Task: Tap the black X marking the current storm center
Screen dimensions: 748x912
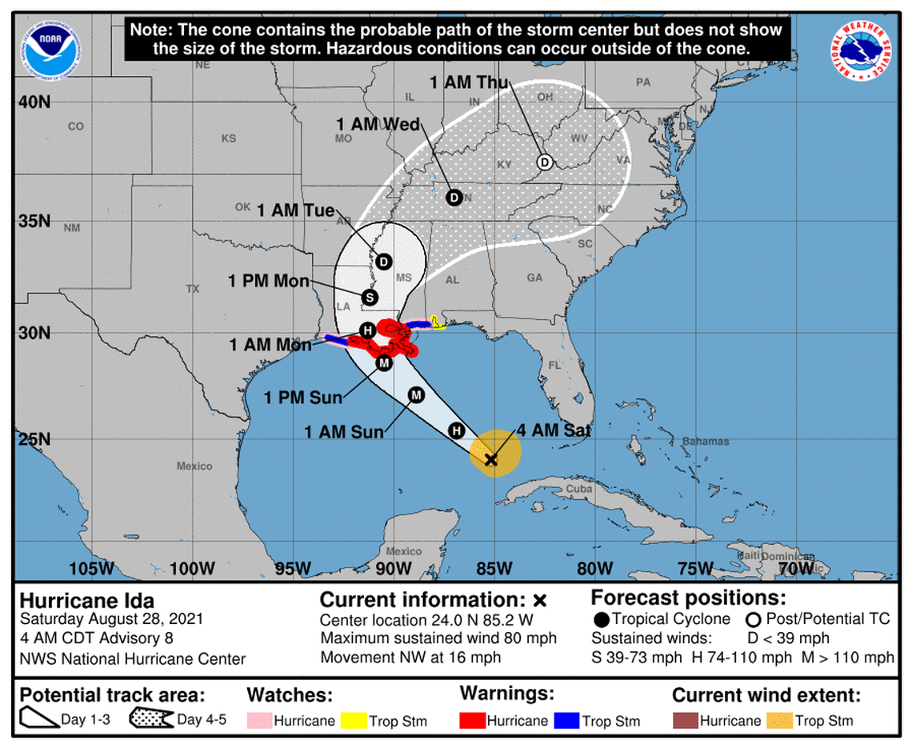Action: [491, 459]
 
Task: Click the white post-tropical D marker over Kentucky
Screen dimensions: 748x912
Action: [544, 162]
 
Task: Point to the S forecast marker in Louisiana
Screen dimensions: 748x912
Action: [370, 298]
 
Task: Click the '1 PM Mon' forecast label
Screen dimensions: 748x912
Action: [268, 281]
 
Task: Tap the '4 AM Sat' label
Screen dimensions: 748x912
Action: [554, 430]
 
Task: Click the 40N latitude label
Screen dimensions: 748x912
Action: [34, 102]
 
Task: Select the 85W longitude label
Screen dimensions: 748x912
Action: [494, 568]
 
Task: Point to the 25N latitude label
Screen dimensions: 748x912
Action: [34, 438]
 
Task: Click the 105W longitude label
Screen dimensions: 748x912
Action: [91, 568]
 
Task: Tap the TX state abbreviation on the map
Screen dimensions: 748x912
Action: [192, 289]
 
